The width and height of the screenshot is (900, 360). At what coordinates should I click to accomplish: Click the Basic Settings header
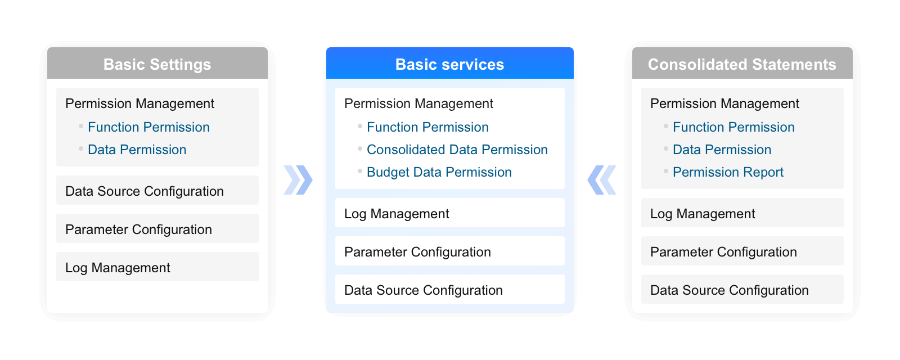click(x=157, y=64)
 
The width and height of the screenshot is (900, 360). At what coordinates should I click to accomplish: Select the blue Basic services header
click(x=449, y=64)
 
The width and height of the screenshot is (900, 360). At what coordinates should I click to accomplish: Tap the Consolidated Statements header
click(x=742, y=64)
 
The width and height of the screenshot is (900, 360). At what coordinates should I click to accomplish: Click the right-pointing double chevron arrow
click(x=298, y=180)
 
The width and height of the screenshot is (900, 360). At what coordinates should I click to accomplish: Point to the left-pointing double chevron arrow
click(x=602, y=180)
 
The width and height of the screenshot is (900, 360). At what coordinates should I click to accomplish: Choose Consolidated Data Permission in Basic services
click(x=457, y=150)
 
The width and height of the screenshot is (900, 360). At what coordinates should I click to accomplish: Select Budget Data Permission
click(x=439, y=172)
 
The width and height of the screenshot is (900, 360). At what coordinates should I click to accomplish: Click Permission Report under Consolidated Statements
click(x=728, y=172)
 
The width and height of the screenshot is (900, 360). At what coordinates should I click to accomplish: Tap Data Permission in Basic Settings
click(x=137, y=150)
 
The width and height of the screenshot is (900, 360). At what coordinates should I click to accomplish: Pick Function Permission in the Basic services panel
click(x=427, y=127)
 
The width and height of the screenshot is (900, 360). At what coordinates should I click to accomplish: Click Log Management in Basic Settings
click(x=118, y=268)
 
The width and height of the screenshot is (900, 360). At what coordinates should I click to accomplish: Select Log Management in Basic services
click(x=397, y=214)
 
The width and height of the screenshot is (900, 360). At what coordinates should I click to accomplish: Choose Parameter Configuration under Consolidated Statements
click(x=723, y=252)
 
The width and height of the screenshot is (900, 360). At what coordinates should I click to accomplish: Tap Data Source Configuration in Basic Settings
click(x=144, y=191)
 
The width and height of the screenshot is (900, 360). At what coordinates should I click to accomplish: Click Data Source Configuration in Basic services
click(x=424, y=290)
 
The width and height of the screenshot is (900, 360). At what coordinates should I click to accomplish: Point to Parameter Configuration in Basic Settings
click(x=138, y=229)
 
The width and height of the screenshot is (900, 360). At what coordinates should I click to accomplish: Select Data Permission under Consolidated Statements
click(x=722, y=150)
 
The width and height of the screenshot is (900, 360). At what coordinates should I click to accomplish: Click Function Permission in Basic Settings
click(x=148, y=127)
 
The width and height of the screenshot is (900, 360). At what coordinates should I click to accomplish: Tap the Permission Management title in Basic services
click(x=418, y=103)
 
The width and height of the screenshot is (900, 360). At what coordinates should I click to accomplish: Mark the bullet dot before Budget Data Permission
click(x=360, y=171)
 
